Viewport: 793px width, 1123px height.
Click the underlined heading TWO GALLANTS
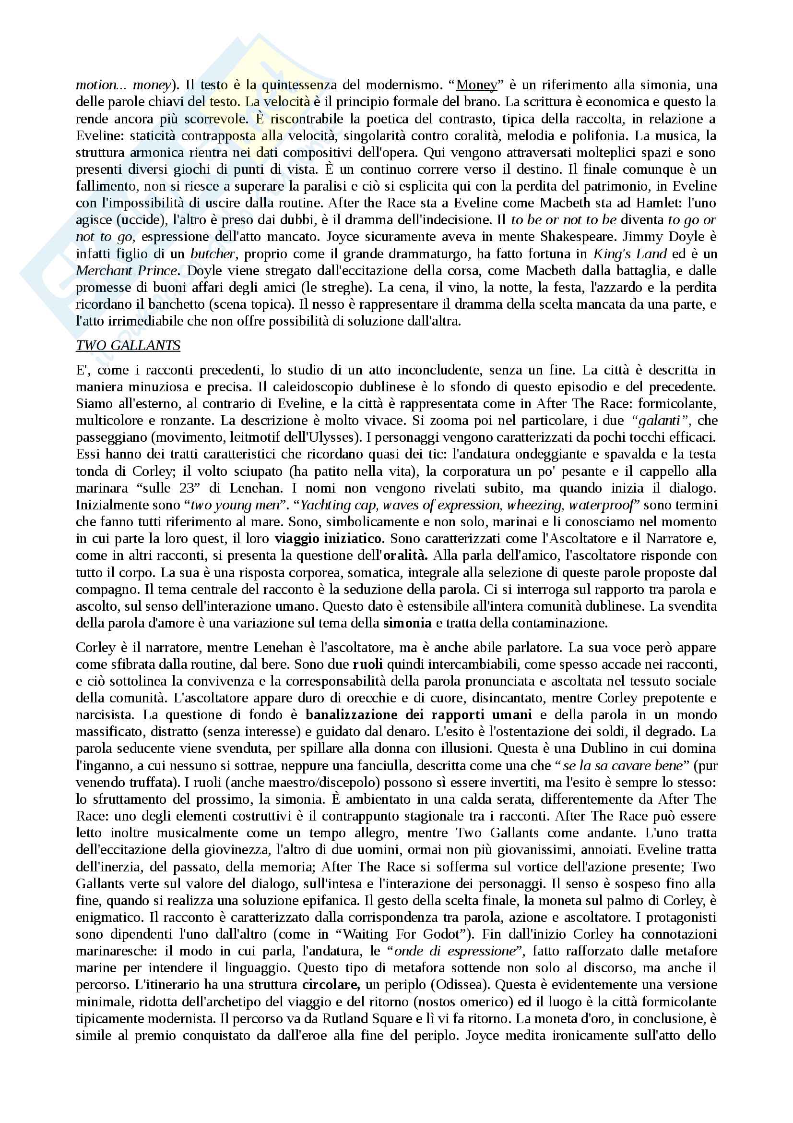coord(128,345)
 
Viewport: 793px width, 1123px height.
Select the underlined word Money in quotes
coord(476,85)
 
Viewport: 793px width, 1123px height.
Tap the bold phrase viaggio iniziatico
coord(329,539)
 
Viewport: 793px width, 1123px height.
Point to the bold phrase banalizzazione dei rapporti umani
coord(418,715)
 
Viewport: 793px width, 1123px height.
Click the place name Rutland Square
coord(367,1018)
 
